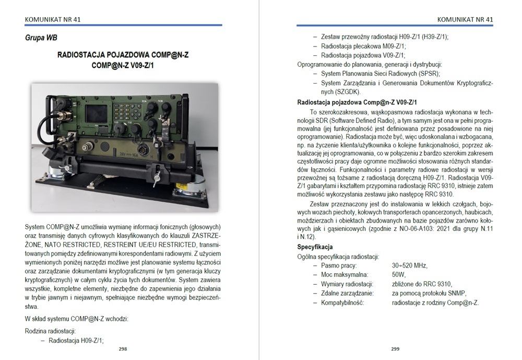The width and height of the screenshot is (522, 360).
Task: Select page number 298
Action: (x=123, y=349)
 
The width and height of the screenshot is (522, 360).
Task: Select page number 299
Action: (x=395, y=349)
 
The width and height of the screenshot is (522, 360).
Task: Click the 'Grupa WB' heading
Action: (x=41, y=38)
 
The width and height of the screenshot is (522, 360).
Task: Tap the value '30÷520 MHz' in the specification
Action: (x=409, y=265)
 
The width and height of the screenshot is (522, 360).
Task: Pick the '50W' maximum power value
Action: (x=399, y=275)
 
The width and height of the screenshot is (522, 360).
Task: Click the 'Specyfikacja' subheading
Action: (x=315, y=247)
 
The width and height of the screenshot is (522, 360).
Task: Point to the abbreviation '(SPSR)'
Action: (x=429, y=74)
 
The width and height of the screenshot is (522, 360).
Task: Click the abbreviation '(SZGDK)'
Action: (x=348, y=91)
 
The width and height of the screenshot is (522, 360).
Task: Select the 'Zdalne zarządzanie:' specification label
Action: (x=347, y=294)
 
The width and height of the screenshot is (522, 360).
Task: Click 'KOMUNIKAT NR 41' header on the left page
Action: (x=53, y=20)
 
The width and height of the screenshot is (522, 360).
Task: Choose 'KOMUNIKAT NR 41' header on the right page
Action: (x=465, y=20)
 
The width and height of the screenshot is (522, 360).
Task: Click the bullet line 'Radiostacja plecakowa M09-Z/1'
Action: (x=363, y=47)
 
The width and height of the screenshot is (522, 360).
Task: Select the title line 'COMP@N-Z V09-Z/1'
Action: (x=123, y=65)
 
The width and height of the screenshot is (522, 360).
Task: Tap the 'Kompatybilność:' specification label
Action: (x=342, y=303)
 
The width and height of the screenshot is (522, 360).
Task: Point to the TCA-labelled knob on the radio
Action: (x=152, y=107)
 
